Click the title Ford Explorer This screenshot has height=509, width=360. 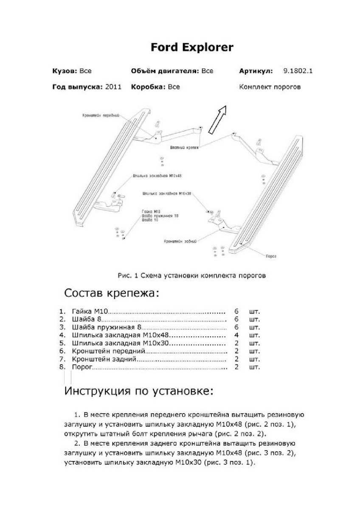click(x=192, y=47)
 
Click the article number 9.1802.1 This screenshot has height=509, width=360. click(x=298, y=71)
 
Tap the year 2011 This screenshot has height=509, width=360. click(x=113, y=87)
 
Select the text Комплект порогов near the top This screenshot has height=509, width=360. click(x=270, y=87)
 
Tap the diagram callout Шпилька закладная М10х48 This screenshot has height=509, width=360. click(x=154, y=175)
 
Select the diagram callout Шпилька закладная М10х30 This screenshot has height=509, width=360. click(x=167, y=193)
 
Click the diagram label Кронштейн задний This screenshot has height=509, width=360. click(x=180, y=241)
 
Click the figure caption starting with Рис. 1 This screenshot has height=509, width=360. click(x=191, y=275)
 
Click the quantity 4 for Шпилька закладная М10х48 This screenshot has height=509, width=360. click(x=236, y=335)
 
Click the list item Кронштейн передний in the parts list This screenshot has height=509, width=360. click(x=109, y=351)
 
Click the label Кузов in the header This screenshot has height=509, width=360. click(x=65, y=71)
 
